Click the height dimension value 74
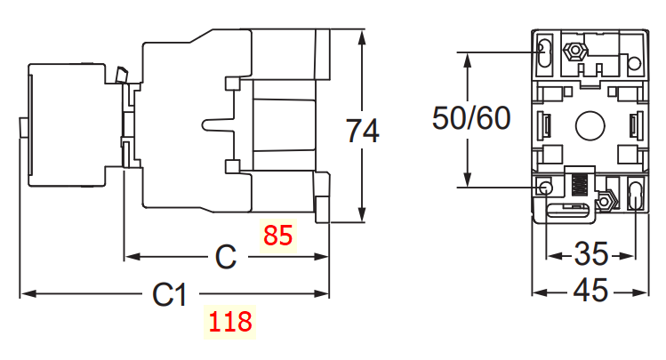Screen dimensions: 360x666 362,131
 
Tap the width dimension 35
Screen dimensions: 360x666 590,255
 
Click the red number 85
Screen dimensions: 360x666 277,236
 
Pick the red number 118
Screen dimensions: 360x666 230,321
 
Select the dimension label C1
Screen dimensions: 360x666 169,293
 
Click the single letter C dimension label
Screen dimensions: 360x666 226,258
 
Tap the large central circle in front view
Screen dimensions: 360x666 590,125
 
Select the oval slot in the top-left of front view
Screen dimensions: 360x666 544,55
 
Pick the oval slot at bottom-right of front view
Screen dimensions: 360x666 634,195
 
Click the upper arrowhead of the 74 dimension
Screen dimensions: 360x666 362,38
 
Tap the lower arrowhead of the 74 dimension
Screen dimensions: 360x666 362,215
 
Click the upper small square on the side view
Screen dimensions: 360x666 232,84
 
